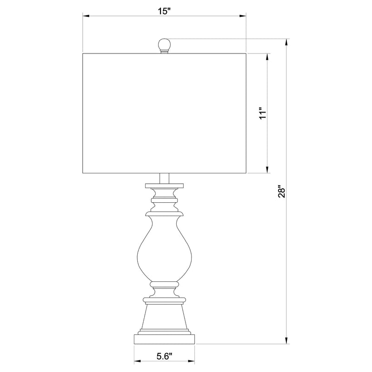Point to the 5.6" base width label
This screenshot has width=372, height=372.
click(x=164, y=357)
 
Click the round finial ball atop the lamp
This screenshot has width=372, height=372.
click(x=164, y=45)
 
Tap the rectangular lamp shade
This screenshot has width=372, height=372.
click(x=164, y=113)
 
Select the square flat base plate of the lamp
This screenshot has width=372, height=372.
click(x=164, y=338)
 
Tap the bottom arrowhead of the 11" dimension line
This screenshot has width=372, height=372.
click(x=267, y=171)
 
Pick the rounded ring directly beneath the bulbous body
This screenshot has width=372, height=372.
click(x=164, y=282)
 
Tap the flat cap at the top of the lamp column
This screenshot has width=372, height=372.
click(x=164, y=186)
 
